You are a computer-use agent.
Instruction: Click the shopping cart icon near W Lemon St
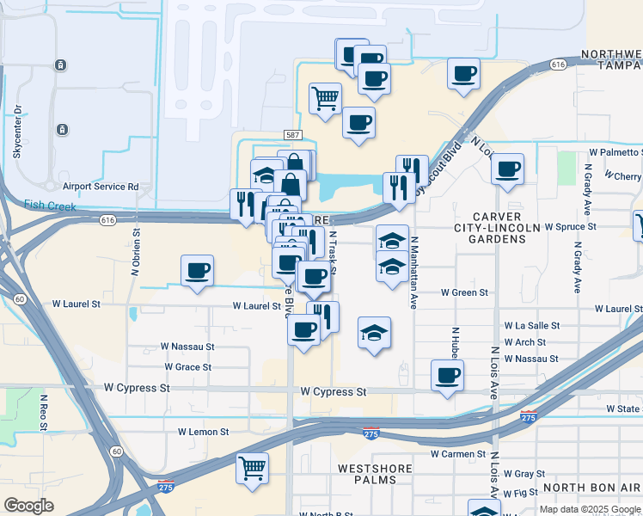(x=253, y=469)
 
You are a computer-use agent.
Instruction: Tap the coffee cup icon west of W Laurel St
(x=198, y=271)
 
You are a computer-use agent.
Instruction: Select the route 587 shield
(x=291, y=136)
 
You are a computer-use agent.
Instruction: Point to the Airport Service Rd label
(x=101, y=186)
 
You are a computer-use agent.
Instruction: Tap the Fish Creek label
(x=50, y=206)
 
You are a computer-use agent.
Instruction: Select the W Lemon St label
(x=203, y=432)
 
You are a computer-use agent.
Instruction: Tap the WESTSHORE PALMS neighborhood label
(x=377, y=469)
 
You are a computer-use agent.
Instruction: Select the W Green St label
(x=464, y=292)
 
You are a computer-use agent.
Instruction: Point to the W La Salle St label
(x=531, y=326)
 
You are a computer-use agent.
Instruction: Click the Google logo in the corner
(x=29, y=505)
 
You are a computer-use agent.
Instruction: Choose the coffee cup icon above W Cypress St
(x=447, y=376)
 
